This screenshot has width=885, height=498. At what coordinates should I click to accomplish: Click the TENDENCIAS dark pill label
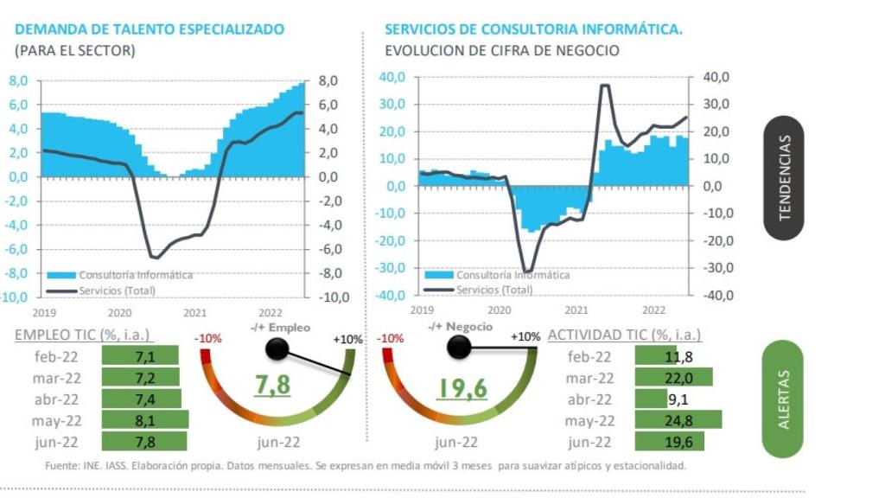pos(785,177)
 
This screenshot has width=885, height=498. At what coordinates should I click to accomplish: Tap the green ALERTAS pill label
pos(783,399)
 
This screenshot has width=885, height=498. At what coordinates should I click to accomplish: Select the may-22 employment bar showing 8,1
pos(144,420)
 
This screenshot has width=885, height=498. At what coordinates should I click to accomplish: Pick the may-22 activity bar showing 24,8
pos(677,421)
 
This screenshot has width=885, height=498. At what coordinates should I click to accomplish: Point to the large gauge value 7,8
pos(272,386)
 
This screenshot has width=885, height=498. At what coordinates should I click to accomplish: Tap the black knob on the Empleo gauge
pos(277,349)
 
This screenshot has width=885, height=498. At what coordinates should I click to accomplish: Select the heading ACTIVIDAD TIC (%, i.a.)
pos(624,335)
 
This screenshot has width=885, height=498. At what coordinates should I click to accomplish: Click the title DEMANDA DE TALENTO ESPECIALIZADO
pos(149,29)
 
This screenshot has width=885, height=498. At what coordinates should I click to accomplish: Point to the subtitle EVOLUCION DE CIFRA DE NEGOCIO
pos(501,50)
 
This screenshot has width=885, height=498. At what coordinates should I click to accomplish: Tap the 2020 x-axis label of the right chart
pos(499,310)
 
